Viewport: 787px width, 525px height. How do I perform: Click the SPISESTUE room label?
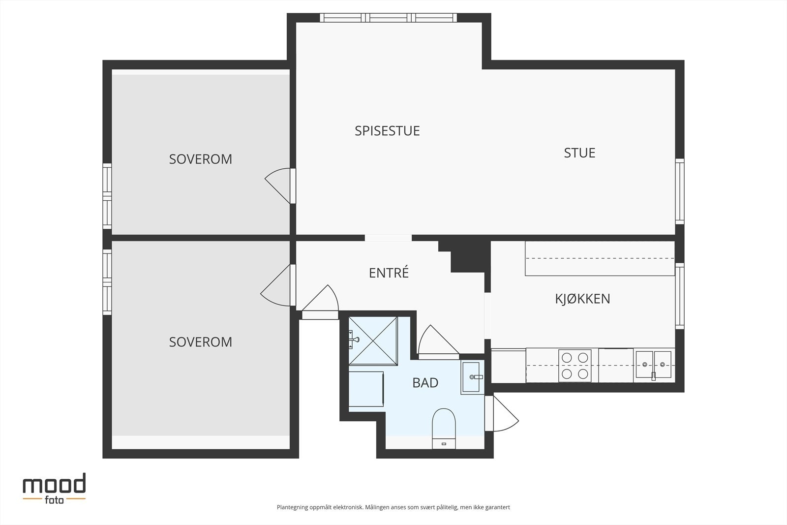pyautogui.click(x=387, y=131)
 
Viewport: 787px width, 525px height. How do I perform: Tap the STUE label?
pyautogui.click(x=579, y=153)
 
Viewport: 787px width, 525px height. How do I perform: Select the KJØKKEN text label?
pyautogui.click(x=582, y=299)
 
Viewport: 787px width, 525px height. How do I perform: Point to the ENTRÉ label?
pyautogui.click(x=389, y=273)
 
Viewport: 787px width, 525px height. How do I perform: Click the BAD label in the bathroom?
pyautogui.click(x=425, y=383)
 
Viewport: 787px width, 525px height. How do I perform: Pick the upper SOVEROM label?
pyautogui.click(x=201, y=159)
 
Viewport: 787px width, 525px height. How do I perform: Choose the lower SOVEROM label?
pyautogui.click(x=201, y=342)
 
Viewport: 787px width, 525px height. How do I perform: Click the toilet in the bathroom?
pyautogui.click(x=444, y=429)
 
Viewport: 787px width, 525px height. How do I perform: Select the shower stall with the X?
pyautogui.click(x=373, y=341)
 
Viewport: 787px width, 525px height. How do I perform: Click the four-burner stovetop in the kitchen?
pyautogui.click(x=575, y=366)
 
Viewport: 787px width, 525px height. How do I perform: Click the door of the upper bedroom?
pyautogui.click(x=280, y=185)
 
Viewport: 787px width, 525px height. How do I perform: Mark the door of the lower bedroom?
pyautogui.click(x=278, y=285)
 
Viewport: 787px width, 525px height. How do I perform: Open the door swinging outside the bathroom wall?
pyautogui.click(x=502, y=414)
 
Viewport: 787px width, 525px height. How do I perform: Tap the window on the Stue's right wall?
pyautogui.click(x=680, y=191)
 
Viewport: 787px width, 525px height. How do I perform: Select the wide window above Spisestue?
pyautogui.click(x=388, y=18)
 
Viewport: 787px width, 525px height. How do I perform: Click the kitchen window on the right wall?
pyautogui.click(x=680, y=296)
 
